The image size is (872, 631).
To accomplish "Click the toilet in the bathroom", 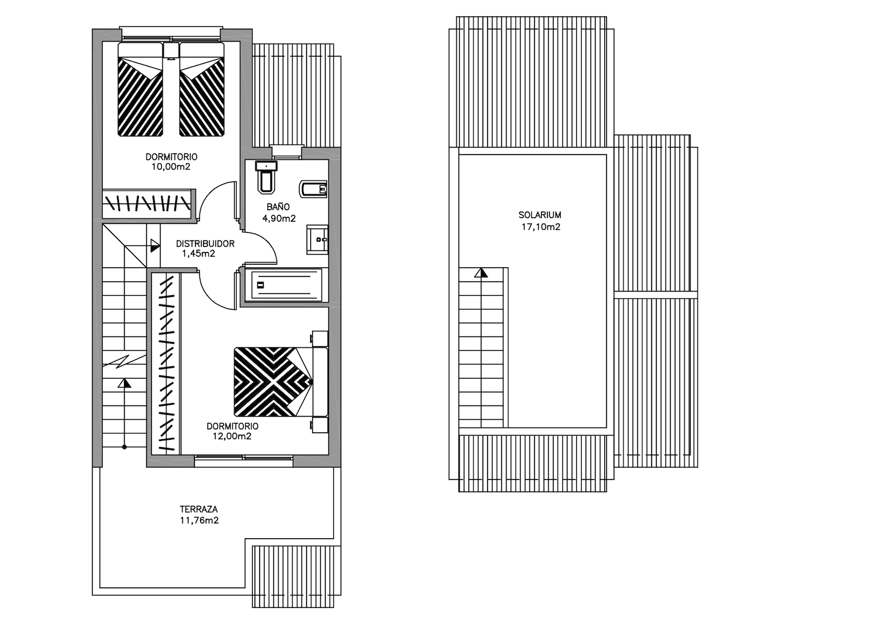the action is tap(266, 177).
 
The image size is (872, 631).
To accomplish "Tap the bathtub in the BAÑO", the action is tap(287, 285).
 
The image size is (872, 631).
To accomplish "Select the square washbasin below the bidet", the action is tap(317, 239).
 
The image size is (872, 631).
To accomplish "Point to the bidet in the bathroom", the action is tap(313, 189).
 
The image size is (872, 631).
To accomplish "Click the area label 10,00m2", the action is tap(171, 167).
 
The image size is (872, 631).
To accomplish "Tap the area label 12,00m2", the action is tap(232, 437).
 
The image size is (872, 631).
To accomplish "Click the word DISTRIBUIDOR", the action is tap(205, 244).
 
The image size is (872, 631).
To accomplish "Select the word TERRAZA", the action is tap(199, 509).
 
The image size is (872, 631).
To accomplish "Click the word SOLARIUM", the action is tap(539, 215).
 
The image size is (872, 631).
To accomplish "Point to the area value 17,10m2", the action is tap(541, 227).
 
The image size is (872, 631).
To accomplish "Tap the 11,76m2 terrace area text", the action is tap(199, 521).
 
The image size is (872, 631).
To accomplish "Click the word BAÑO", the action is tap(278, 207).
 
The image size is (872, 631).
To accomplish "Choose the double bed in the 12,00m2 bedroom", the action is tap(281, 382).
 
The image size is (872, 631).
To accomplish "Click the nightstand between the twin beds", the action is tap(171, 51).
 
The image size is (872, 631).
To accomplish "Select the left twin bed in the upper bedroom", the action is tap(140, 90).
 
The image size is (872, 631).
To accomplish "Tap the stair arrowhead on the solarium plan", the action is tap(481, 273).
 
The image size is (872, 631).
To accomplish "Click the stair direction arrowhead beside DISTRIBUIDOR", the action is tap(155, 245).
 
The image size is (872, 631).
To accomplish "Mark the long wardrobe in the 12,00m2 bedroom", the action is tap(166, 364).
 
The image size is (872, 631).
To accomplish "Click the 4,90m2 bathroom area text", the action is tap(279, 219).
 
